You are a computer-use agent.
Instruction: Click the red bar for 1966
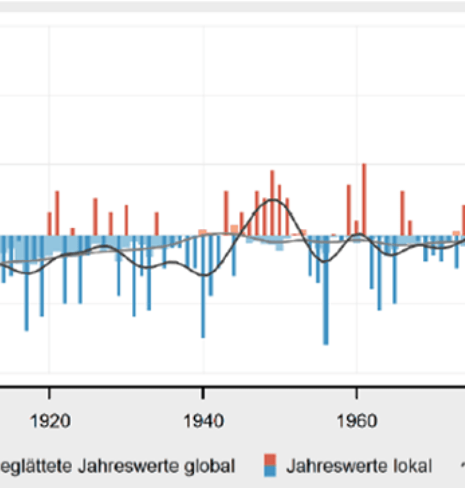403,213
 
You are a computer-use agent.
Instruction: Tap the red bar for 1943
226,213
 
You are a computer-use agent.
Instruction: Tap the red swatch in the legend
270,458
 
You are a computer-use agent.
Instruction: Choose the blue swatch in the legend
270,471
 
